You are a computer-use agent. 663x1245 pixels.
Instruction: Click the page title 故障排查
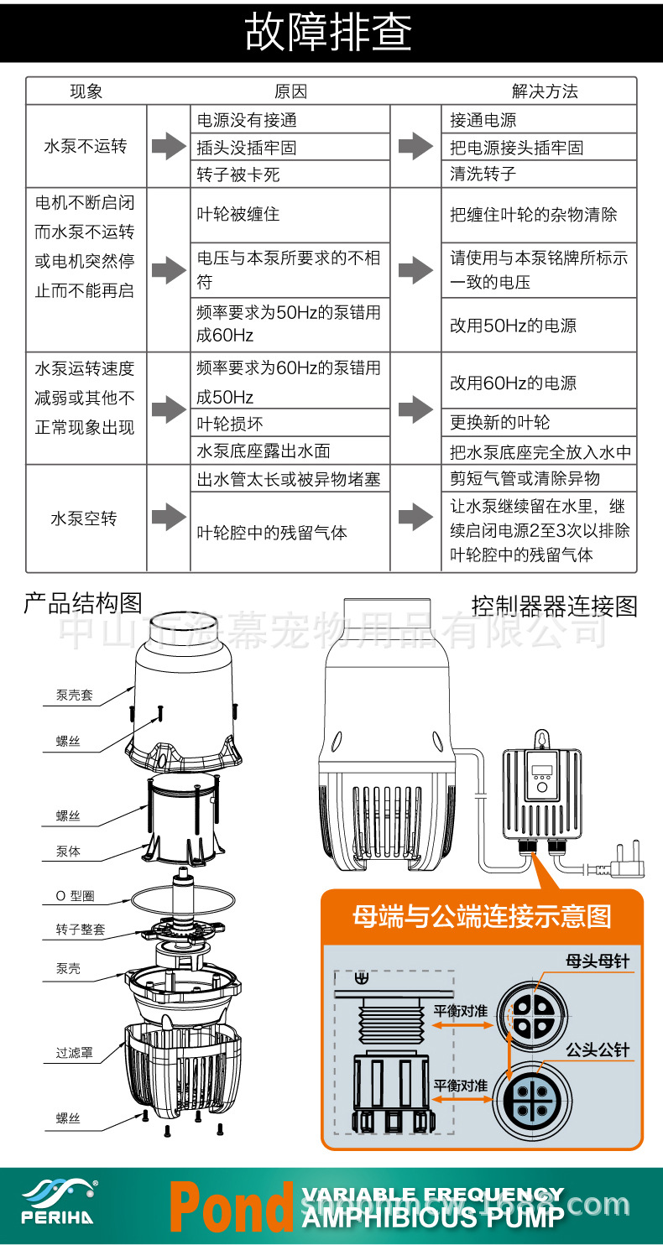coord(329,32)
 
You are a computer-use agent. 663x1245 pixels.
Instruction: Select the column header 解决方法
coord(545,91)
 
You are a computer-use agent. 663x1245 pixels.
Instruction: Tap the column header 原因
coord(290,91)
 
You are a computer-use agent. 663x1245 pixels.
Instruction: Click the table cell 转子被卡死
coord(238,175)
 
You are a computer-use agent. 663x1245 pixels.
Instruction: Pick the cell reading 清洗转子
coord(483,175)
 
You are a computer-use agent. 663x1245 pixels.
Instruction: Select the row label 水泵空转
coord(84,518)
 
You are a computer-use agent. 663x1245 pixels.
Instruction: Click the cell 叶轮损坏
coord(230,424)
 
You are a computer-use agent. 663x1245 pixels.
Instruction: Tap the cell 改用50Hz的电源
coord(513,326)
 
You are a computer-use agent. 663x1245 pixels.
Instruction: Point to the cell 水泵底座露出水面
coord(263,451)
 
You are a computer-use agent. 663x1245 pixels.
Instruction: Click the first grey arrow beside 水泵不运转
coord(170,146)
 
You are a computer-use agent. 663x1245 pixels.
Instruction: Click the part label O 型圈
coord(75,896)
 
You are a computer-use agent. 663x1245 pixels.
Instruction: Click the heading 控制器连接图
coord(554,606)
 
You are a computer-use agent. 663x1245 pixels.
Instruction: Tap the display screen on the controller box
coord(541,772)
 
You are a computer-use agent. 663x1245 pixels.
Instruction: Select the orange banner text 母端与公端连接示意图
coord(482,917)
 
